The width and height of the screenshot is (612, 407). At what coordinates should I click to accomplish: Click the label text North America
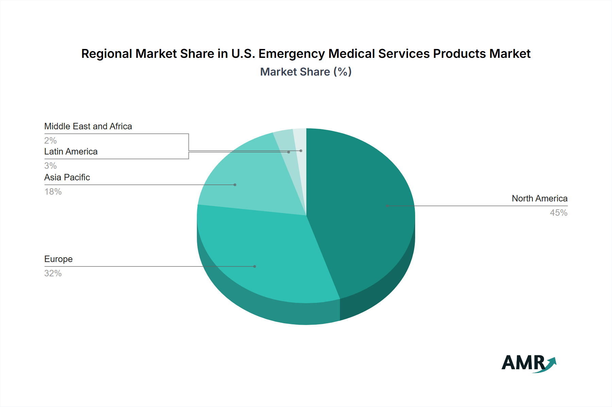coord(539,198)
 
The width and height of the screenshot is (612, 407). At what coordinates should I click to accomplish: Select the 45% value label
coord(559,213)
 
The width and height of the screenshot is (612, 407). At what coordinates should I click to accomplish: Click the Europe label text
coord(58,259)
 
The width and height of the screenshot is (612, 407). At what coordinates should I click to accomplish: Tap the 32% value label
coord(53,273)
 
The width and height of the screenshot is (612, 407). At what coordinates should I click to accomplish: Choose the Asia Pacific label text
coord(67,177)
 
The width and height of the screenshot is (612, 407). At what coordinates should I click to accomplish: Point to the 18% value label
coord(53,192)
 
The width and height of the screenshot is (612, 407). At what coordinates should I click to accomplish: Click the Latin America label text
coord(71,151)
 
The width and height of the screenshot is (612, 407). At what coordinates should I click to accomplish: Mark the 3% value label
coord(50,166)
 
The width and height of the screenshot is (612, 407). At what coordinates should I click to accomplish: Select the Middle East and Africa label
coord(88,126)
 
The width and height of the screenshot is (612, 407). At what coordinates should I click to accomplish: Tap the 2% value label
coord(50,141)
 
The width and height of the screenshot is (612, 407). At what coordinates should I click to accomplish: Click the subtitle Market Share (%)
coord(306,72)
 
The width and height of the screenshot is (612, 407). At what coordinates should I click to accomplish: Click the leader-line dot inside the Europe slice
coord(255,266)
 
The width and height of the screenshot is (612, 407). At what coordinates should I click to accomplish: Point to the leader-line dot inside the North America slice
coord(387,206)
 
